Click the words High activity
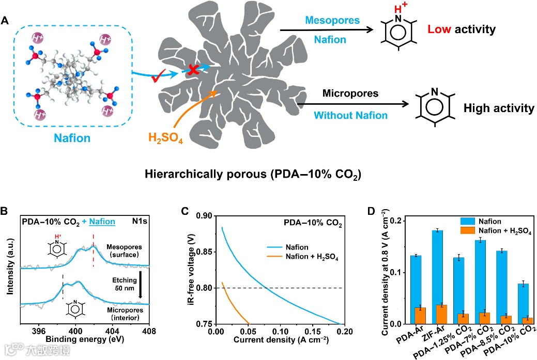pos(498,108)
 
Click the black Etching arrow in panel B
pos(140,284)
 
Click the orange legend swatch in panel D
pos(468,231)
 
